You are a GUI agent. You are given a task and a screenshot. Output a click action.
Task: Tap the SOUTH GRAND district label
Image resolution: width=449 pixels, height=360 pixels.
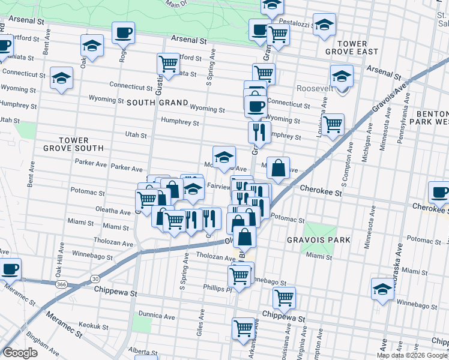(x=157, y=103)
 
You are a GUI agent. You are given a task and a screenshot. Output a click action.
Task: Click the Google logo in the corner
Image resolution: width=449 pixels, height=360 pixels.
(x=20, y=353)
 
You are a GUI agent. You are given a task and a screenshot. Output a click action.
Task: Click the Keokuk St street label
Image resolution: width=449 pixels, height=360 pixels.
(x=92, y=325)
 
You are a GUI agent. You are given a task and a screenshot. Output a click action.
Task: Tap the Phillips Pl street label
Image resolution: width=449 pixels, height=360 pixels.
(x=217, y=288)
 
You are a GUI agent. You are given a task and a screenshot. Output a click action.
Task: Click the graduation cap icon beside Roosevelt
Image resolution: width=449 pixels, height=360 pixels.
(x=342, y=76)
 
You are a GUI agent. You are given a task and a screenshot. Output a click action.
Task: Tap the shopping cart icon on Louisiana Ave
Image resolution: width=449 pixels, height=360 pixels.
(x=333, y=124)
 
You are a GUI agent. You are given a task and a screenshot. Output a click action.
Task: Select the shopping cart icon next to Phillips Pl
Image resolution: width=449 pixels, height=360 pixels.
(x=239, y=275)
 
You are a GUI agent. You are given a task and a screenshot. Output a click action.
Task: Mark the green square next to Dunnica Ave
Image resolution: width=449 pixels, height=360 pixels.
(x=142, y=325)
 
